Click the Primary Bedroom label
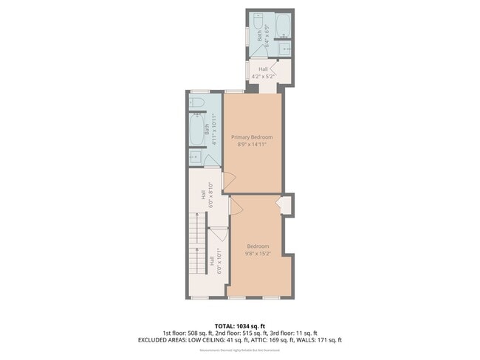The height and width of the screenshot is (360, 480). [252, 137]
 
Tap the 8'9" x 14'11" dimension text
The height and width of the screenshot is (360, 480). [252, 145]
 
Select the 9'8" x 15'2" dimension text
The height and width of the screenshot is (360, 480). [258, 253]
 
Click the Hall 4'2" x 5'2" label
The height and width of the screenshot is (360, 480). [264, 72]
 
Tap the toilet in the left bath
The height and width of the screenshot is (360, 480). [196, 103]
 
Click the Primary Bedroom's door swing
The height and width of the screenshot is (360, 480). [229, 179]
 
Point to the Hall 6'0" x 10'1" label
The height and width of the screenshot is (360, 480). [215, 263]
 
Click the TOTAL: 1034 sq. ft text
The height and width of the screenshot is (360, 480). [239, 324]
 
